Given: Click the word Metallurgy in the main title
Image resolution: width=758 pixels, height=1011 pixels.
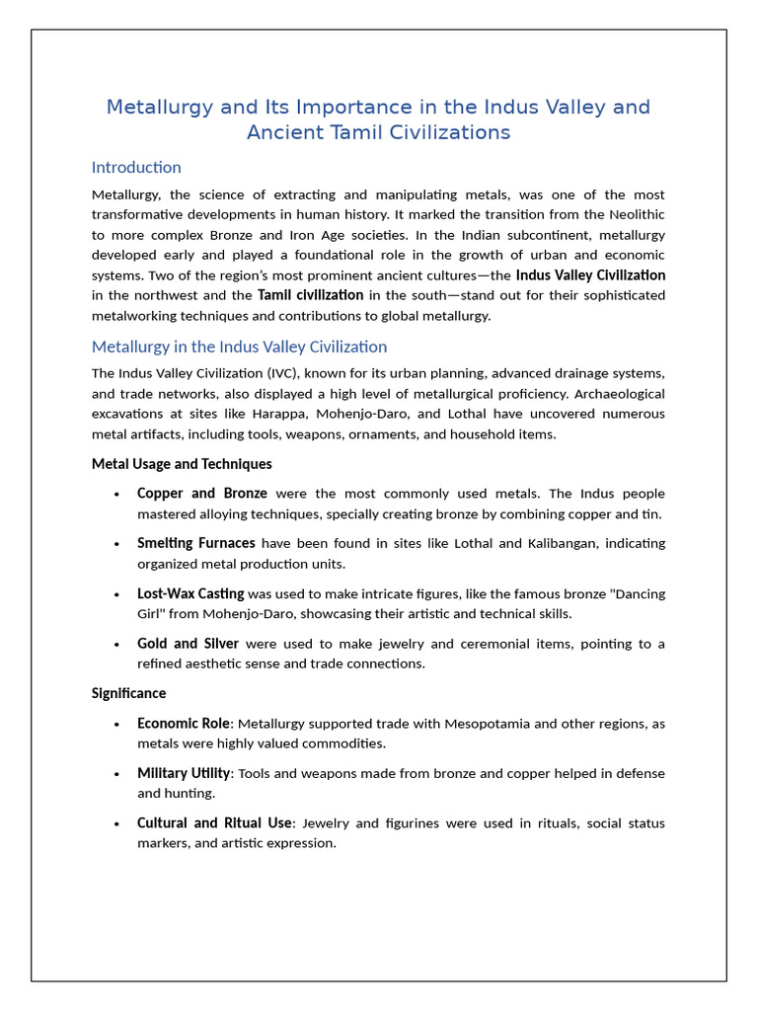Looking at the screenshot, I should tap(156, 107).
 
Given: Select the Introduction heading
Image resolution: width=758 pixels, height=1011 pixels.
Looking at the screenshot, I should tap(136, 167).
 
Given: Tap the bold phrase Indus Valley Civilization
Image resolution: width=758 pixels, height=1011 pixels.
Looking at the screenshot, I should tap(590, 274).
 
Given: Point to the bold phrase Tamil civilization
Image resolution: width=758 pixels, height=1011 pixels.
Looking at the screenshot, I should tap(311, 295).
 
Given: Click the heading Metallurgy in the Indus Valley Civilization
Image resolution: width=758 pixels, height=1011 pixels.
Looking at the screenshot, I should tap(239, 347).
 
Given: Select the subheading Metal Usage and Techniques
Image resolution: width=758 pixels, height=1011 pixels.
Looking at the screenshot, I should tap(182, 463).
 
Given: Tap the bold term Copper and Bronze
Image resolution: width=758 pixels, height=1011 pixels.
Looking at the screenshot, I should tap(202, 493).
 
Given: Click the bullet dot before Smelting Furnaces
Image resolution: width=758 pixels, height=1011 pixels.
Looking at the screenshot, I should tap(117, 543).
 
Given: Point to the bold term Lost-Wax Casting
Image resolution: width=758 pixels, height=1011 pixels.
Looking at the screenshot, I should tap(190, 593).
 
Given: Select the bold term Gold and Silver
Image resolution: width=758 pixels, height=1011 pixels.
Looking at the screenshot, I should tap(188, 644).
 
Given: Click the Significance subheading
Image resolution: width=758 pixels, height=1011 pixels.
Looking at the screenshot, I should tap(128, 693).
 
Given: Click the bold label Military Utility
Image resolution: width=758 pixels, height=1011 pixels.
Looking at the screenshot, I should tap(184, 773).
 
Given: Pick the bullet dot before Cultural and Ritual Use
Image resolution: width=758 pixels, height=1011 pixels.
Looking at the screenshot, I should tap(117, 823).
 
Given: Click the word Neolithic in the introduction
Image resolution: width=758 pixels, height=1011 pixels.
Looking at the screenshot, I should tap(628, 214).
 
